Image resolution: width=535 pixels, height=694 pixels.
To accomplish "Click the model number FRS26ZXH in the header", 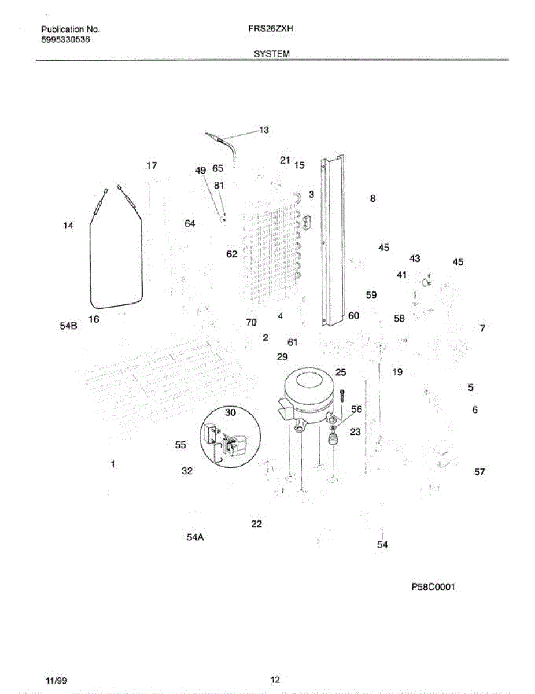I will click(271, 28).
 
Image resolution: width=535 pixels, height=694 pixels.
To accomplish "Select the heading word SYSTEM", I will click(271, 53).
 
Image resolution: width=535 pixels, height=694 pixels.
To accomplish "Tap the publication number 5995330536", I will click(66, 39).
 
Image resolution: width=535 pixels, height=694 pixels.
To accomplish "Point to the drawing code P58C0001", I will click(433, 586).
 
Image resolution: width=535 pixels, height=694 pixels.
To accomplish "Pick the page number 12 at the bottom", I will click(275, 680).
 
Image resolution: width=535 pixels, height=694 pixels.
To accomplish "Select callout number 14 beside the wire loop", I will click(68, 226).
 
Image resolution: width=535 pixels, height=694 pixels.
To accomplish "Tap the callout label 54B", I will click(68, 327).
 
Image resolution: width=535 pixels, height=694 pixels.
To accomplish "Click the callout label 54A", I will click(195, 537).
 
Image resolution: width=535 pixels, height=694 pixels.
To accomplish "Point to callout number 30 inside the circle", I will click(230, 412).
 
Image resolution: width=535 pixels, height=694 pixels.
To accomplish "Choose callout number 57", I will click(479, 472).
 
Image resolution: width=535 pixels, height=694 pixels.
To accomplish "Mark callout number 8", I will click(373, 198).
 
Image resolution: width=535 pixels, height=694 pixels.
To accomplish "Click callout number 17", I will click(152, 165).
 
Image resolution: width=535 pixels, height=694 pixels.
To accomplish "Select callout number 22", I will click(256, 524).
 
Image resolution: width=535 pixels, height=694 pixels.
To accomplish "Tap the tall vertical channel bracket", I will click(334, 243).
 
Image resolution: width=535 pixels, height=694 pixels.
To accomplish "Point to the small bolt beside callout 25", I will click(342, 396).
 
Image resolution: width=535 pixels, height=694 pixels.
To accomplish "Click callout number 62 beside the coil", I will click(231, 253).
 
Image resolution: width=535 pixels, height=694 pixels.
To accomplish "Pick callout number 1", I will click(113, 463).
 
